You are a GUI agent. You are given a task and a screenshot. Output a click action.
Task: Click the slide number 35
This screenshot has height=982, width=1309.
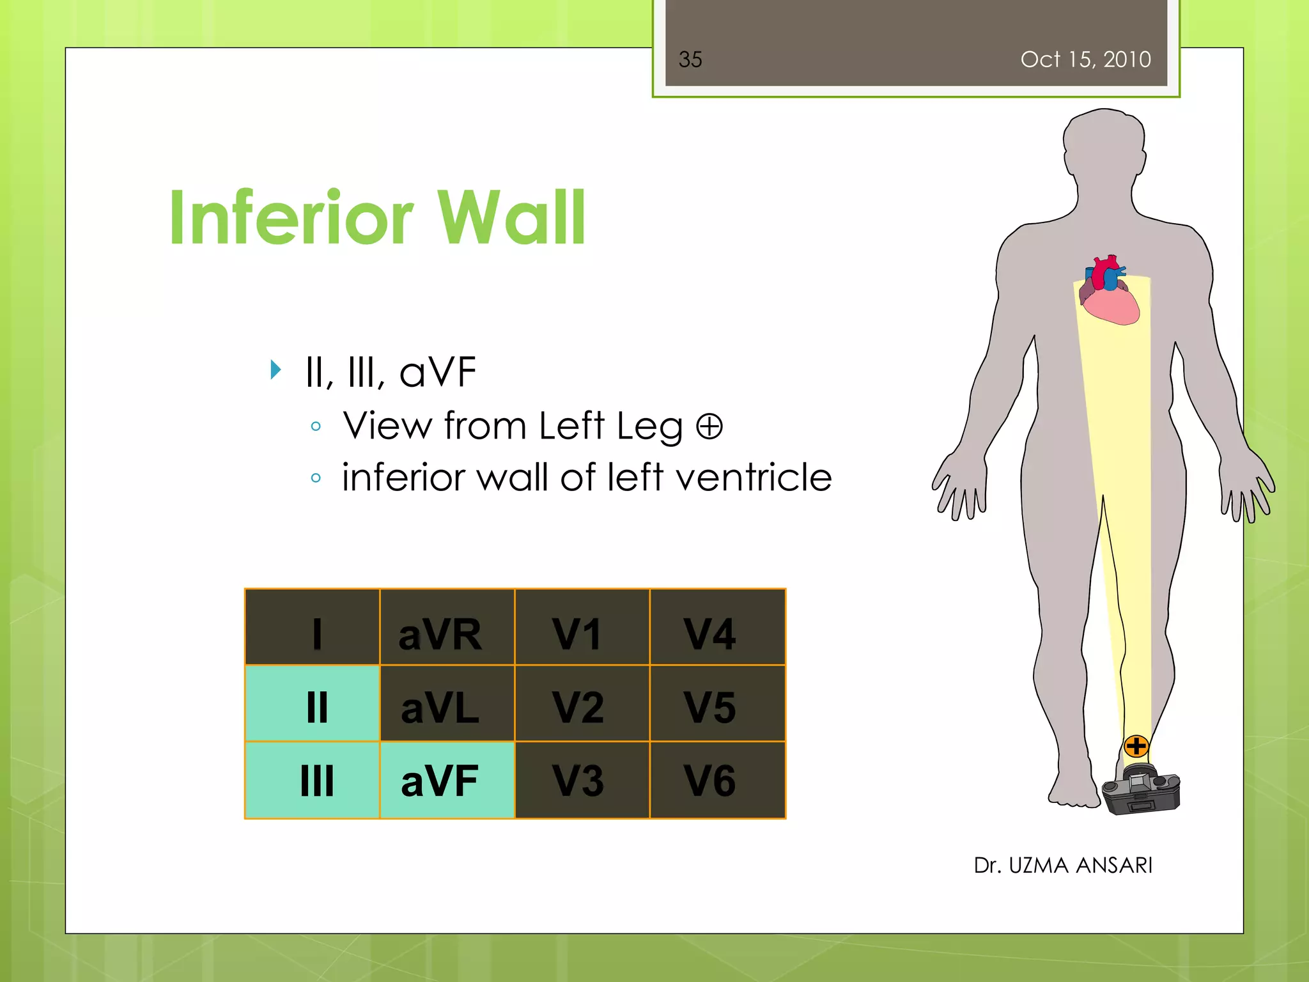[x=690, y=59]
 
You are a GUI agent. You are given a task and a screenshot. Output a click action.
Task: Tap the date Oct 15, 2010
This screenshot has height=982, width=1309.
[x=1085, y=59]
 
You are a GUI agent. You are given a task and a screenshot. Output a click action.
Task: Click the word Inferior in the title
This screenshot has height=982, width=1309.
[x=291, y=219]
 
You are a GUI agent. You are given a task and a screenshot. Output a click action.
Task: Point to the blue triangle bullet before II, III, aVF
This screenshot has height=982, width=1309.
[x=275, y=370]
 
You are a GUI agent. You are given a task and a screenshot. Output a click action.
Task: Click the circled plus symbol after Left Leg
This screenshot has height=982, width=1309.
[x=709, y=426]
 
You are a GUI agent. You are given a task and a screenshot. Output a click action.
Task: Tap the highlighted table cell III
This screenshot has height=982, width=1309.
[x=313, y=780]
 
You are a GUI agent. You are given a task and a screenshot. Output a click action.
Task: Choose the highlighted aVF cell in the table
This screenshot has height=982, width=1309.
[x=447, y=780]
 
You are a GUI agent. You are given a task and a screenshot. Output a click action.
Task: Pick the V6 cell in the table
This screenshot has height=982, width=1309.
[x=717, y=780]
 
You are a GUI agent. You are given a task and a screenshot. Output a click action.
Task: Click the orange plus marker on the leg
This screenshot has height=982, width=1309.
[x=1136, y=746]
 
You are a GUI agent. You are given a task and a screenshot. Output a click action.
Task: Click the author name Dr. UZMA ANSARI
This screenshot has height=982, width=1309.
[x=1062, y=865]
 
